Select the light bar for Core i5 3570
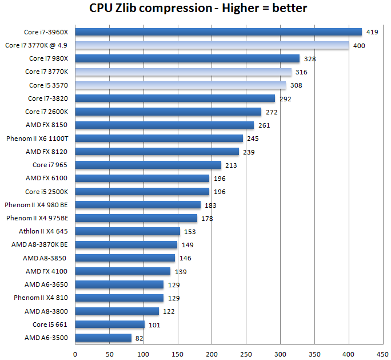(181, 85)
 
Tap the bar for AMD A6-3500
(103, 338)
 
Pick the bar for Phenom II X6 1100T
(159, 139)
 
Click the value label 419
(372, 32)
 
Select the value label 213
(231, 165)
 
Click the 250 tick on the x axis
(246, 354)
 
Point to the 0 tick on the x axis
(75, 354)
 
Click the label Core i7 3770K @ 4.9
(36, 45)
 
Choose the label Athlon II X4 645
(43, 231)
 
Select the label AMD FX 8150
(47, 125)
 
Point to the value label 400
(359, 45)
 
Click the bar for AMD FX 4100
(122, 271)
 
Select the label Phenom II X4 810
(41, 298)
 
